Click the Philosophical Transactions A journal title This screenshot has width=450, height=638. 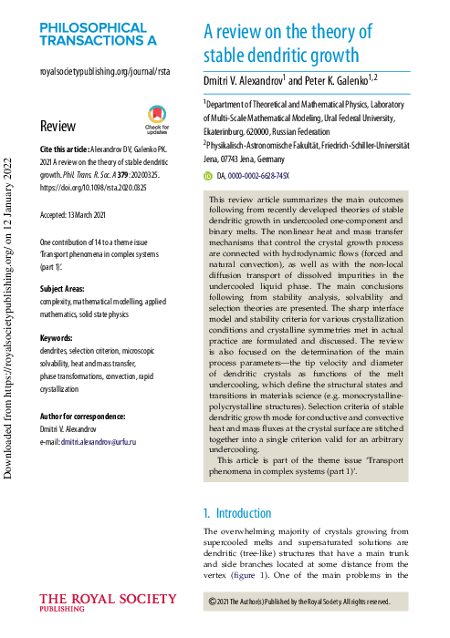pos(98,34)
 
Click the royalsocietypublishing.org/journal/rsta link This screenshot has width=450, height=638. pos(104,71)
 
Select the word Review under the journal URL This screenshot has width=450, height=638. pos(58,127)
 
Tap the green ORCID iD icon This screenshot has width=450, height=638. pos(208,175)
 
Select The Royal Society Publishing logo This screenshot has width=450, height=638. pos(109,602)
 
